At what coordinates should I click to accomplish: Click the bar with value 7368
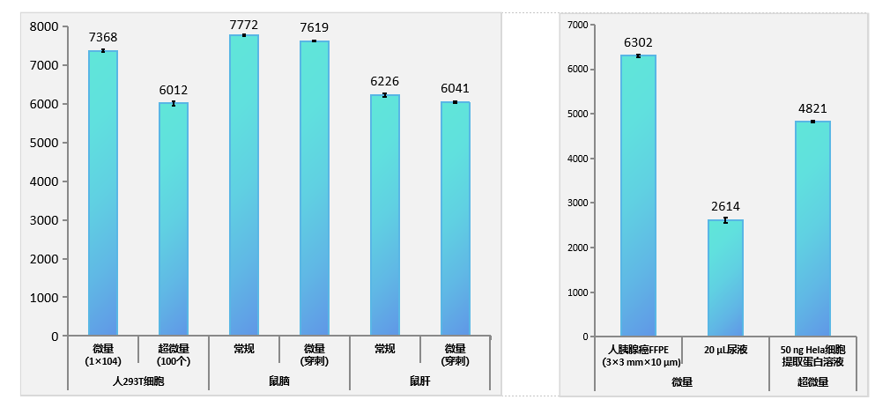click(x=103, y=193)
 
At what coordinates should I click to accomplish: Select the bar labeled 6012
click(x=174, y=219)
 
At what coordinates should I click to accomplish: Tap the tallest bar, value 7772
click(x=244, y=185)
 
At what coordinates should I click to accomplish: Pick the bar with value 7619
click(x=315, y=189)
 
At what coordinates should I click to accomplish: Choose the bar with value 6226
click(x=385, y=215)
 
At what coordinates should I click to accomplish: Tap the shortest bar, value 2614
click(x=725, y=277)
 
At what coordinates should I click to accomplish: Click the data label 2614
click(x=725, y=206)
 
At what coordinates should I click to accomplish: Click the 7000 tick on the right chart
click(x=577, y=26)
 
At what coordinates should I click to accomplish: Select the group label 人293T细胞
click(x=138, y=381)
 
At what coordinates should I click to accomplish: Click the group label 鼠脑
click(x=279, y=381)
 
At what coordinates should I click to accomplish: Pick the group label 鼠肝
click(x=420, y=381)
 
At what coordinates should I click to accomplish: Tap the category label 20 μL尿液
click(x=725, y=351)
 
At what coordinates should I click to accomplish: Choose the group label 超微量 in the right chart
click(x=812, y=382)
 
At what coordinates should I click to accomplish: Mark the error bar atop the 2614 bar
click(x=725, y=220)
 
